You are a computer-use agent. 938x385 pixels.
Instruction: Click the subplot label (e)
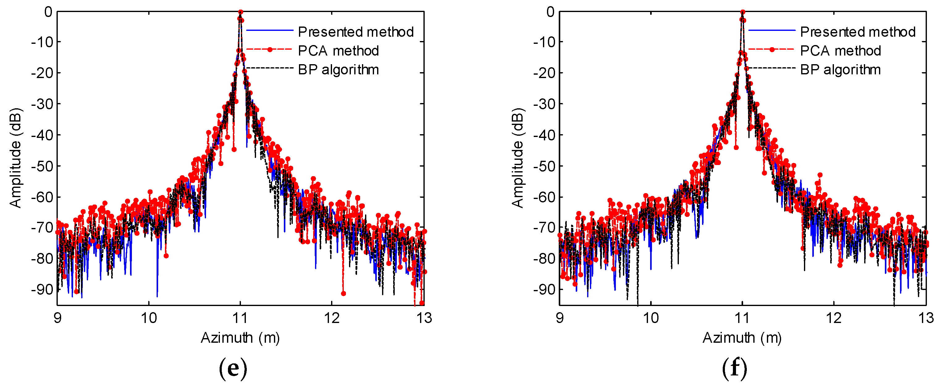click(233, 368)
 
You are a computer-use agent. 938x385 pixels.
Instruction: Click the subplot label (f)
click(734, 368)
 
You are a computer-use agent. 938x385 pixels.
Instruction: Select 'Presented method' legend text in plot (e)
click(355, 32)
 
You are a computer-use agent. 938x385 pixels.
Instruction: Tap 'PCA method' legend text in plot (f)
click(840, 51)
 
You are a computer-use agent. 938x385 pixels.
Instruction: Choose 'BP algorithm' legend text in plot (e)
click(338, 69)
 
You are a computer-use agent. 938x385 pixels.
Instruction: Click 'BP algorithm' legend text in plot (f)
click(840, 69)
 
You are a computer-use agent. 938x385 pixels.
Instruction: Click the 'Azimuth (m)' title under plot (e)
click(240, 338)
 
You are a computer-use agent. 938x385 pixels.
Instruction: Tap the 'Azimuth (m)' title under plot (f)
click(742, 338)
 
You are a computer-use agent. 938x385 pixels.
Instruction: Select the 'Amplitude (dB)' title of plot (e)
click(15, 158)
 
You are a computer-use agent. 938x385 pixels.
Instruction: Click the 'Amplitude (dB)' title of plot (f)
click(517, 158)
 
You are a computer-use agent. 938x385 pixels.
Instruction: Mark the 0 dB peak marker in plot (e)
click(240, 12)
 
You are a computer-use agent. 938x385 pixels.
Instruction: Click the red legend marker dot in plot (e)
click(270, 50)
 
